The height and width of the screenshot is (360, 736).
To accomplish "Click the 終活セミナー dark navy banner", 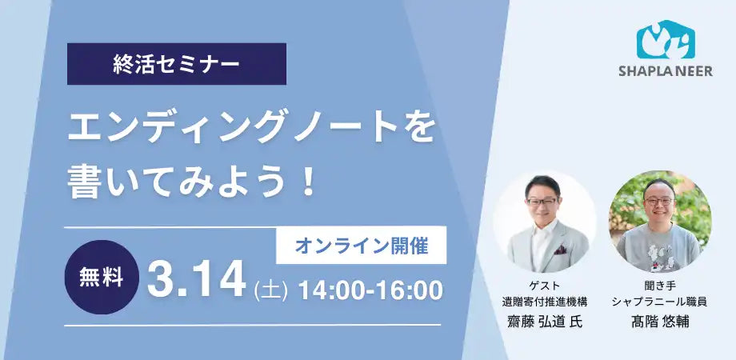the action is coord(177,64).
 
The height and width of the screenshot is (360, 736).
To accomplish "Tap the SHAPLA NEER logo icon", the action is coord(666,39).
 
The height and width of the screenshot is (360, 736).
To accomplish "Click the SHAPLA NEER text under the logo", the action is coord(666,71).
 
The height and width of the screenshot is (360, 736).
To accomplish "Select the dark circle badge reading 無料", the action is coord(102,278).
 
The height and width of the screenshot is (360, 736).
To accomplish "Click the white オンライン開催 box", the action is coord(361,246).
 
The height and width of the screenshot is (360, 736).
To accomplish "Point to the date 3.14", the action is coord(197,281).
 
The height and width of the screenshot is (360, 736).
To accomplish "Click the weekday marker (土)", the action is coord(270,290).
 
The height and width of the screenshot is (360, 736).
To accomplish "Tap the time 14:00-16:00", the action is coord(370,290).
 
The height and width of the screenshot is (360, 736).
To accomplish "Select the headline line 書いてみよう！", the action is coord(191,183).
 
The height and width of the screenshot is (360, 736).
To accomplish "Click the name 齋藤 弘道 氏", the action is coord(545,322).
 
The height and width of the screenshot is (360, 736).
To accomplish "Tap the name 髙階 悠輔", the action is coord(659,322).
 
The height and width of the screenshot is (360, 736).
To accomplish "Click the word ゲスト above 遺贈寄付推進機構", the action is coord(545,286).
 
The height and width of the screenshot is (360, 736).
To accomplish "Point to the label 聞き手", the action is coord(659,286).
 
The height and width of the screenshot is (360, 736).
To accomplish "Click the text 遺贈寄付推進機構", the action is coord(545,302).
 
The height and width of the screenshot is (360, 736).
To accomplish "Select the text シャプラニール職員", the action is coord(659,302).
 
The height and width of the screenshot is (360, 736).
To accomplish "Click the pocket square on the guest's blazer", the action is coord(560,250).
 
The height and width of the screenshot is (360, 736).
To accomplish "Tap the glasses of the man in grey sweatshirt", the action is coord(658,201).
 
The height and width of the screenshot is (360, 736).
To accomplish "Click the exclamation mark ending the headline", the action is coord(308,183).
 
